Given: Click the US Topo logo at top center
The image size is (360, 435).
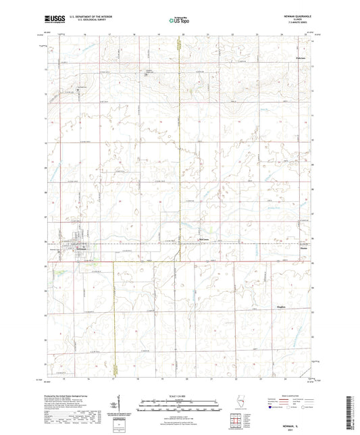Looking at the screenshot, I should [x=179, y=21].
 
